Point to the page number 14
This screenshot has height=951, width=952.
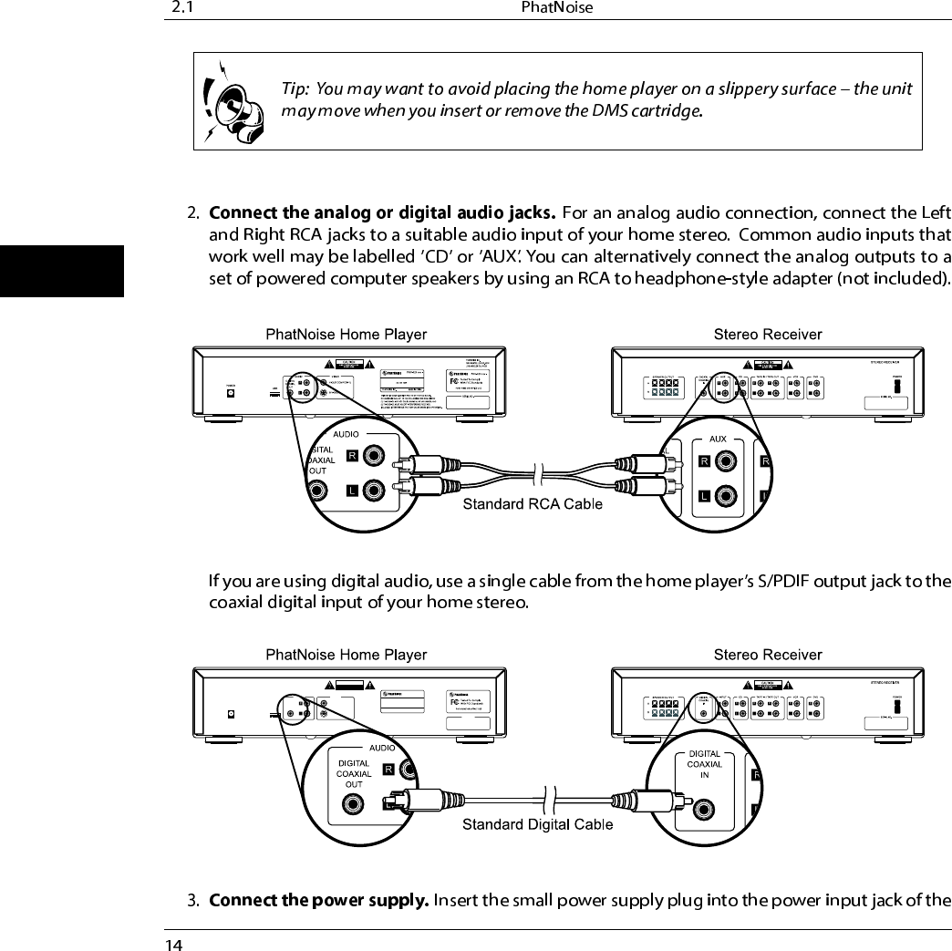click(x=172, y=943)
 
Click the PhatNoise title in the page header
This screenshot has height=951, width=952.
click(x=557, y=8)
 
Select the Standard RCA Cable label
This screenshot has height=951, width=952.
click(x=533, y=504)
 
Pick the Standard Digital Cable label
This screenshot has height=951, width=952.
click(x=537, y=825)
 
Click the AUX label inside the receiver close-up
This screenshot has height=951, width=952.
click(x=718, y=439)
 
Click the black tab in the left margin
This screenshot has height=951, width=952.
click(x=61, y=271)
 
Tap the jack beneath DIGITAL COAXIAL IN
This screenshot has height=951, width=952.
click(x=702, y=808)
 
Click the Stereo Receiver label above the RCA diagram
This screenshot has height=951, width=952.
click(x=767, y=334)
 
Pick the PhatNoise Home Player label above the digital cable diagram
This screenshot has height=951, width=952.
click(x=346, y=655)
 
